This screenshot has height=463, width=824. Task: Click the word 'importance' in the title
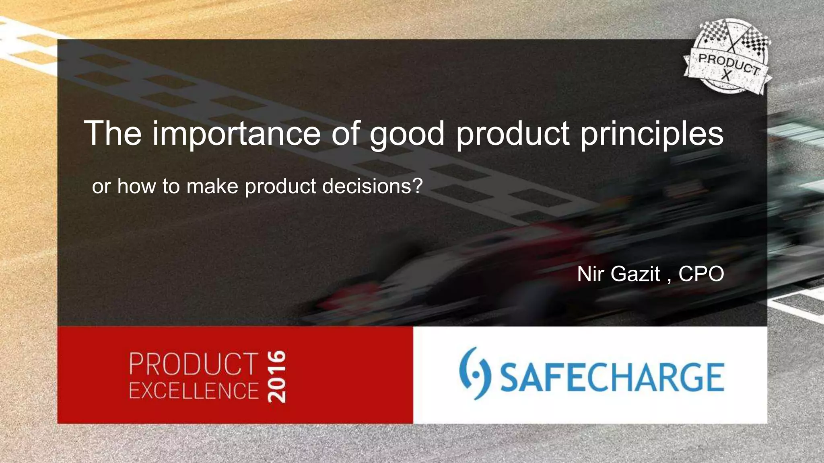[236, 133]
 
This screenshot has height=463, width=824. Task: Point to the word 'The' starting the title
[113, 133]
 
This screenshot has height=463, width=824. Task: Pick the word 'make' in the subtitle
[212, 186]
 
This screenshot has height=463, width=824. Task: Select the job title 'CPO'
[701, 274]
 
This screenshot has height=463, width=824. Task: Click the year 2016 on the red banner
[277, 377]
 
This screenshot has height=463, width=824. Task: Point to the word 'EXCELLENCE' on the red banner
[194, 391]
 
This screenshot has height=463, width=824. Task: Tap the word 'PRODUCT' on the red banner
[194, 364]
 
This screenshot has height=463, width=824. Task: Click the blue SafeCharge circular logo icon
[475, 373]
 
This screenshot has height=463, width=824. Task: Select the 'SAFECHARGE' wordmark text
[612, 377]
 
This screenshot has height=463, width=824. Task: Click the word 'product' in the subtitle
[280, 186]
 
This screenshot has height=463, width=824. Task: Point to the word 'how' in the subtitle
[136, 186]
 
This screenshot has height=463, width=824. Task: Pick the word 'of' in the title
[346, 133]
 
